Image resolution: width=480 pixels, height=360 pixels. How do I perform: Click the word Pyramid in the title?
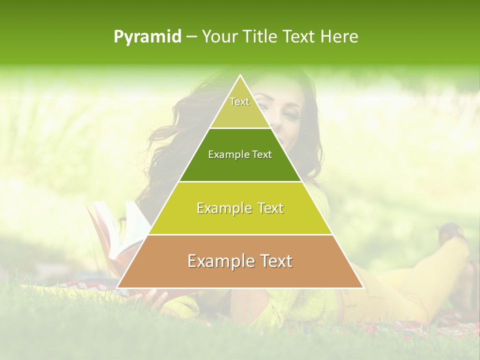[x=147, y=37]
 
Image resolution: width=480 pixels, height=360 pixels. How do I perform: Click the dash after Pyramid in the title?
[x=191, y=37]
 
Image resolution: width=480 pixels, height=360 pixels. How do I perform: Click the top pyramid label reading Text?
[x=239, y=101]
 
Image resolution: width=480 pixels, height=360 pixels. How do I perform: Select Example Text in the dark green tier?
[x=240, y=154]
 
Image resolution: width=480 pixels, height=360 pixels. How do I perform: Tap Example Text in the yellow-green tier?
[x=240, y=208]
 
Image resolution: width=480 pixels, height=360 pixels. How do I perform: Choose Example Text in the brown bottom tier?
[x=240, y=261]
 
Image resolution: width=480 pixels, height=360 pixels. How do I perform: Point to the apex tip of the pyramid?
[x=240, y=75]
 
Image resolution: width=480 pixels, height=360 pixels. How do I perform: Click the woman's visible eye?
[x=290, y=115]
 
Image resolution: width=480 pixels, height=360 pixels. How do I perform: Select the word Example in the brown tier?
[x=217, y=261]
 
